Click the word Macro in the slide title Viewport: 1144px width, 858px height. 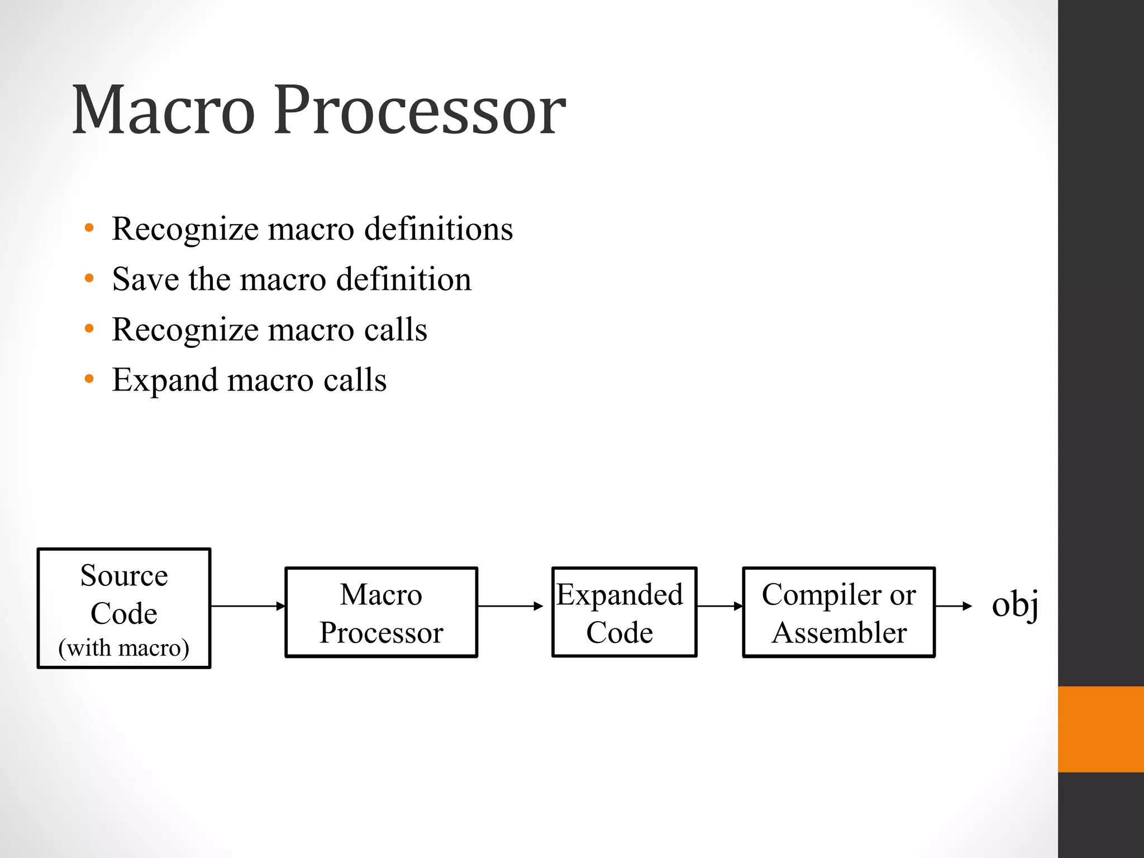tap(163, 110)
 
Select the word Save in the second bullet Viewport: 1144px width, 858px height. tap(145, 279)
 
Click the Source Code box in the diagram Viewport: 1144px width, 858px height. tap(124, 608)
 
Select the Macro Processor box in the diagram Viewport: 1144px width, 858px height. tap(382, 612)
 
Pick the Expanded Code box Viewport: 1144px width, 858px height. tap(625, 612)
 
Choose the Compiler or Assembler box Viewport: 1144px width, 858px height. tap(838, 612)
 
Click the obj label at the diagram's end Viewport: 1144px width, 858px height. tap(1014, 605)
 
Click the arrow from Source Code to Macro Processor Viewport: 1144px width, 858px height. tap(248, 606)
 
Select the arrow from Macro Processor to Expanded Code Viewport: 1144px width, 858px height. tap(511, 606)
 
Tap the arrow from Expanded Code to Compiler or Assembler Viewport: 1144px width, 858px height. tap(720, 606)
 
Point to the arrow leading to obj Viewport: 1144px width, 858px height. tap(954, 606)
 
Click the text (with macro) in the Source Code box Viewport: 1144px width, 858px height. tap(124, 648)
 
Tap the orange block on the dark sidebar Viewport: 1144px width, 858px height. tap(1101, 729)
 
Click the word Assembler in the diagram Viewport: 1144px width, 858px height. tap(839, 633)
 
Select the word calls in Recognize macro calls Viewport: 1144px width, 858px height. tap(395, 330)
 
